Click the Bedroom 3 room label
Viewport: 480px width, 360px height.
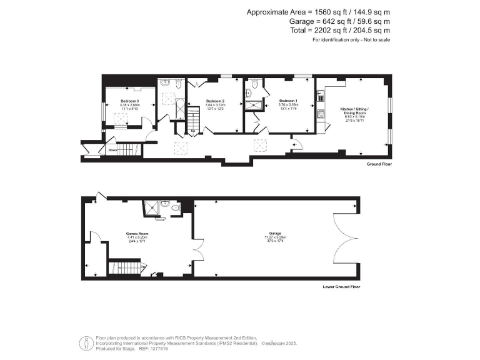coord(129,101)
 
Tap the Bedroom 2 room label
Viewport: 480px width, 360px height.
coord(214,101)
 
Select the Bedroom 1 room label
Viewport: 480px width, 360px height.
coord(288,101)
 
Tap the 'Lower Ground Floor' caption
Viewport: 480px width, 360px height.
coord(341,287)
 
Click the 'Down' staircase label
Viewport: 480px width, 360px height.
coord(112,150)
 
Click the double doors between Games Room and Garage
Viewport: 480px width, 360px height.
coord(199,251)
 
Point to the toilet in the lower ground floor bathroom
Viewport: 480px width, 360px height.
coord(177,206)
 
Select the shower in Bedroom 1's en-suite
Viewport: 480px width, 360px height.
coord(254,105)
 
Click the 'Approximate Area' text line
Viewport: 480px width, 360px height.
coord(318,12)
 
